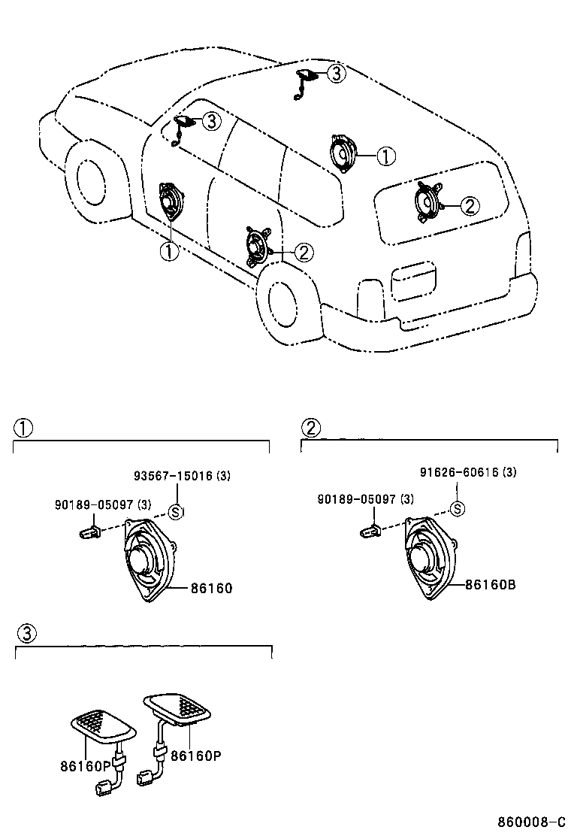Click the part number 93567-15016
click(173, 477)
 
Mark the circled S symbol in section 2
click(457, 509)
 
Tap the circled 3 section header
click(25, 633)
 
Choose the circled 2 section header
click(310, 428)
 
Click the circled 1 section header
click(23, 429)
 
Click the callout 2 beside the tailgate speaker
click(468, 205)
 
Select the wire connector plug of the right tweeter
click(147, 775)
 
